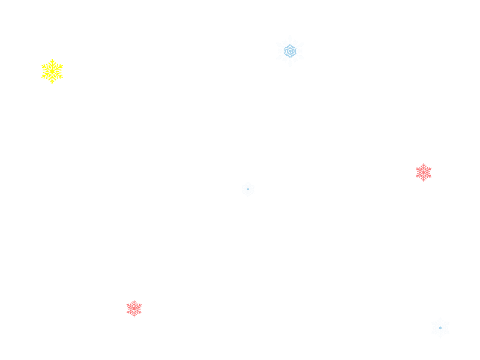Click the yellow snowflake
pyautogui.click(x=52, y=71)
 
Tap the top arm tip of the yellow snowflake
pyautogui.click(x=52, y=60)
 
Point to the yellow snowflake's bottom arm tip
pyautogui.click(x=52, y=83)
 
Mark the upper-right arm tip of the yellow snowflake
pyautogui.click(x=62, y=65)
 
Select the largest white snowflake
pyautogui.click(x=290, y=51)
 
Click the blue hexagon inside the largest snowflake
pyautogui.click(x=290, y=51)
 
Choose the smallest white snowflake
pyautogui.click(x=248, y=190)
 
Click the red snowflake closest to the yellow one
pyautogui.click(x=134, y=308)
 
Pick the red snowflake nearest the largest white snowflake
pyautogui.click(x=424, y=172)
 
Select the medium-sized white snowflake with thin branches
pyautogui.click(x=440, y=328)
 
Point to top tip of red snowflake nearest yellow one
pyautogui.click(x=134, y=301)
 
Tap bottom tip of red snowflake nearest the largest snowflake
pyautogui.click(x=424, y=181)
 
